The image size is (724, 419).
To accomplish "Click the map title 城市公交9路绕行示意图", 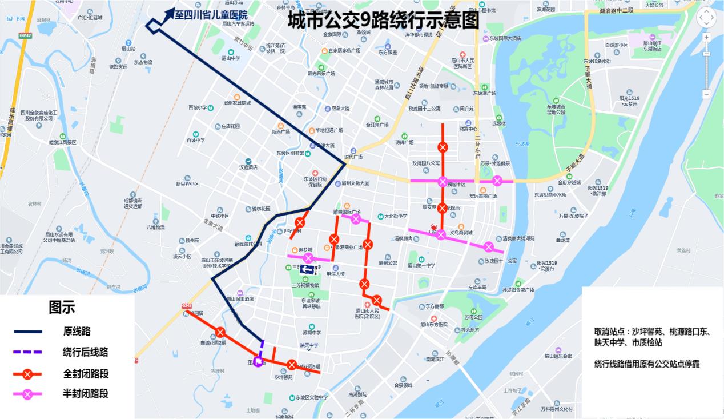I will [383, 21].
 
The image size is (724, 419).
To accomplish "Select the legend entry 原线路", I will [77, 331].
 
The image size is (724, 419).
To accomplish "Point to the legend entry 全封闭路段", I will [85, 374].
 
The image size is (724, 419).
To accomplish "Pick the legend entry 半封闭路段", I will [85, 393].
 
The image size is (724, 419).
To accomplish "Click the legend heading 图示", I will [62, 308].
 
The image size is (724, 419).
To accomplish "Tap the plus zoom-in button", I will [706, 37].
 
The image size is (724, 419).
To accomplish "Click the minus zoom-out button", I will [706, 94].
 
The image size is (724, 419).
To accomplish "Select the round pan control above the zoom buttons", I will [706, 17].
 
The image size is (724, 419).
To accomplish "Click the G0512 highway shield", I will [25, 35].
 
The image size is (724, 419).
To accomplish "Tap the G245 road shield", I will [186, 306].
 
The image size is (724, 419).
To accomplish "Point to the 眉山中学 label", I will [231, 57].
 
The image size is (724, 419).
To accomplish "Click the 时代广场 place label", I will [353, 156].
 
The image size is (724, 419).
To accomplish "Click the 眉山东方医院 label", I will [434, 324].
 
